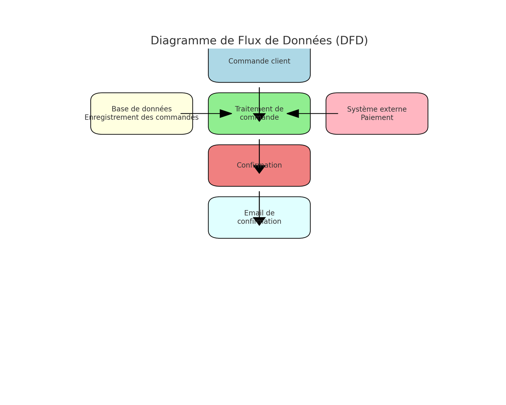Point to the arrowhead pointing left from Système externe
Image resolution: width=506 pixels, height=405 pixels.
click(x=293, y=114)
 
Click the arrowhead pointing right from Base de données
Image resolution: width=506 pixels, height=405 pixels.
click(x=225, y=114)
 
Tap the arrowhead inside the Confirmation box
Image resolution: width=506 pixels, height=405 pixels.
click(x=259, y=169)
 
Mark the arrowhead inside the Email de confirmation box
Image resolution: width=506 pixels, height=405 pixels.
click(x=259, y=221)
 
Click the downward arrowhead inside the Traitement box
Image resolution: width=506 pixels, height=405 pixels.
click(x=259, y=117)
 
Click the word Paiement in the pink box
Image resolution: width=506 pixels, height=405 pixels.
click(x=377, y=118)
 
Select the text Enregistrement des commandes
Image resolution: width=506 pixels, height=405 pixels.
click(x=141, y=118)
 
